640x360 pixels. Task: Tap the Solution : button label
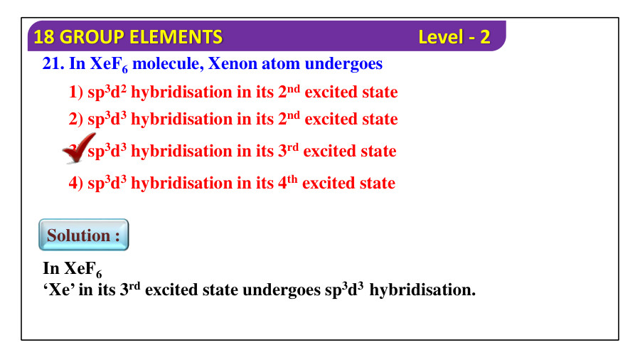[83, 235]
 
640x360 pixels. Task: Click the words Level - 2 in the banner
[454, 37]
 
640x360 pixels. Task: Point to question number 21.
[53, 64]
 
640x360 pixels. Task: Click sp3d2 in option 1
[107, 92]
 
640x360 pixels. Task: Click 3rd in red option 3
[288, 151]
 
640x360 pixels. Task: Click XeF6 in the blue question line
[109, 65]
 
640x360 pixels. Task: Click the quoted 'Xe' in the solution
[59, 290]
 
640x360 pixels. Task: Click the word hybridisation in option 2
[181, 120]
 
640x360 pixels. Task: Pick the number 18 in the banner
[43, 37]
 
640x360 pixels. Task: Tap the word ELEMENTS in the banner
[183, 37]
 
